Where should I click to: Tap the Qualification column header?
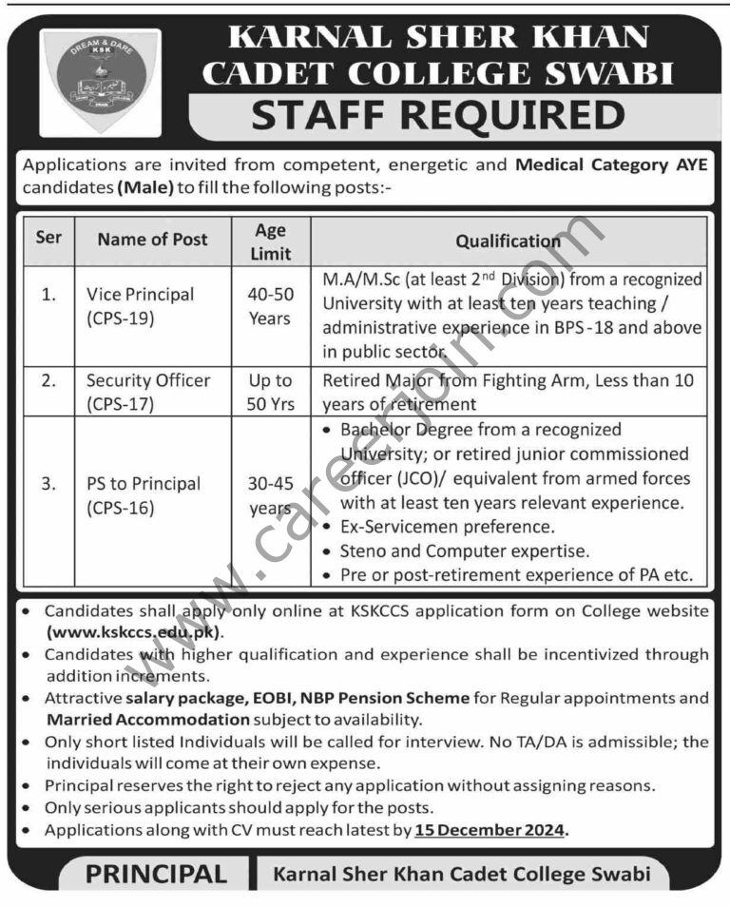(x=508, y=241)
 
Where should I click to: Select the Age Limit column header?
(x=270, y=241)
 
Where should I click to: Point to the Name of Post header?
(x=152, y=240)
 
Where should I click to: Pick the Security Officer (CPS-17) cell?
(x=147, y=392)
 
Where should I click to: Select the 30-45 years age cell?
(x=269, y=495)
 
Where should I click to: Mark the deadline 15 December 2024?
(x=490, y=830)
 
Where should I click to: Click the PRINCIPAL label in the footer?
(x=157, y=874)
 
